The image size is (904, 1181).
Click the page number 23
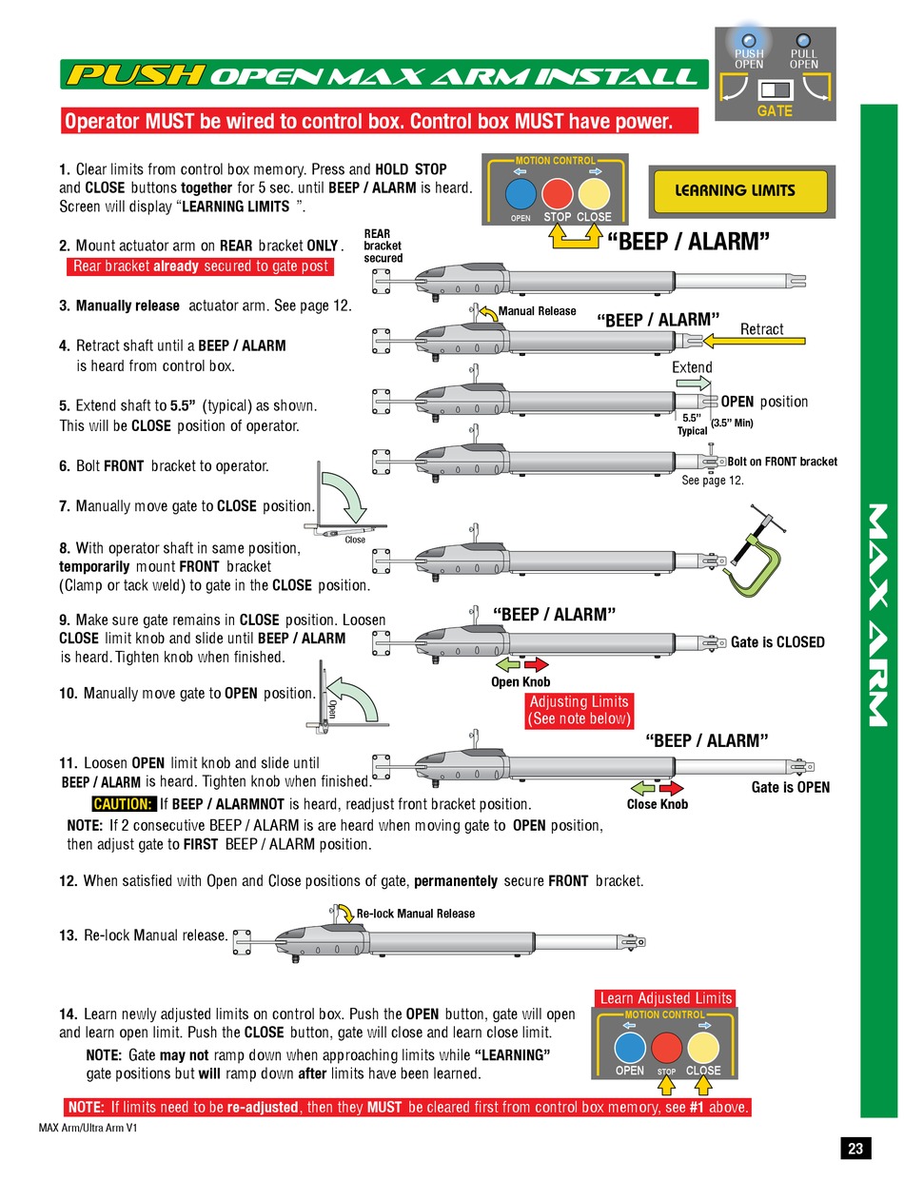(x=855, y=1149)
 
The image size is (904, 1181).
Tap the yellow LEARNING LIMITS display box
(x=741, y=190)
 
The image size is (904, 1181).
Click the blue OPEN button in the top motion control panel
(x=520, y=194)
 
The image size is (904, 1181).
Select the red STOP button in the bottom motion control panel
(x=666, y=1049)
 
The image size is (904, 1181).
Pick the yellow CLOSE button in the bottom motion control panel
(x=703, y=1049)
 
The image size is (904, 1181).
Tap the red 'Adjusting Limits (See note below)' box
(x=580, y=711)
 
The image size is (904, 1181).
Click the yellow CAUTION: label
(x=124, y=804)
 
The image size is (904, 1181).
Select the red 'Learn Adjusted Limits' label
(x=665, y=998)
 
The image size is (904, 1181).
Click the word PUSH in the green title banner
(x=134, y=75)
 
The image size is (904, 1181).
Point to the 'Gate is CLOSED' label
(x=777, y=642)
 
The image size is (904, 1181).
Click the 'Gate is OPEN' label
(x=790, y=787)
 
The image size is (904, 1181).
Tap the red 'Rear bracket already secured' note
(x=200, y=266)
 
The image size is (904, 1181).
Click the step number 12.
(x=68, y=881)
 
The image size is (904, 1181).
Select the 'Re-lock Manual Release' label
(x=415, y=914)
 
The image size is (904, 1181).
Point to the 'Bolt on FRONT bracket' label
(x=782, y=462)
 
